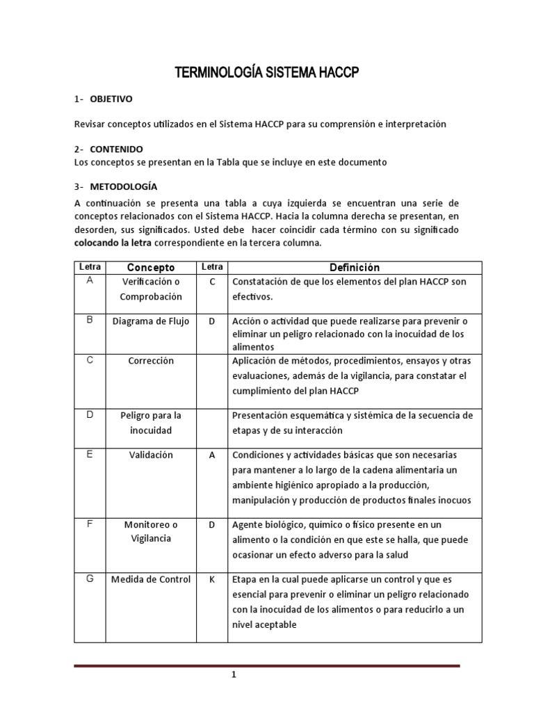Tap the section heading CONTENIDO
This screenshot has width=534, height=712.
pyautogui.click(x=116, y=149)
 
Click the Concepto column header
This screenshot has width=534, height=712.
pyautogui.click(x=150, y=267)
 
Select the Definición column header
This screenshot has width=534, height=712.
pyautogui.click(x=355, y=267)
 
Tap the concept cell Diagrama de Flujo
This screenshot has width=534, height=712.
pyautogui.click(x=150, y=321)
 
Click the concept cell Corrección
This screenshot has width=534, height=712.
pyautogui.click(x=150, y=361)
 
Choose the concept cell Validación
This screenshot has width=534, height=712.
pyautogui.click(x=150, y=455)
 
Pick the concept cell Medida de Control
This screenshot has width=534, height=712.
pyautogui.click(x=150, y=579)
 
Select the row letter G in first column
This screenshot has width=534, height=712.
pyautogui.click(x=89, y=578)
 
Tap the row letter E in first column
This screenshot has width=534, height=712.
pyautogui.click(x=89, y=454)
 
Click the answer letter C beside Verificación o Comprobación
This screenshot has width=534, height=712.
pyautogui.click(x=212, y=282)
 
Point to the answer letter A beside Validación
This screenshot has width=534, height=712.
pyautogui.click(x=212, y=455)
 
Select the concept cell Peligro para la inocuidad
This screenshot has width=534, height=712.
pyautogui.click(x=150, y=423)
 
